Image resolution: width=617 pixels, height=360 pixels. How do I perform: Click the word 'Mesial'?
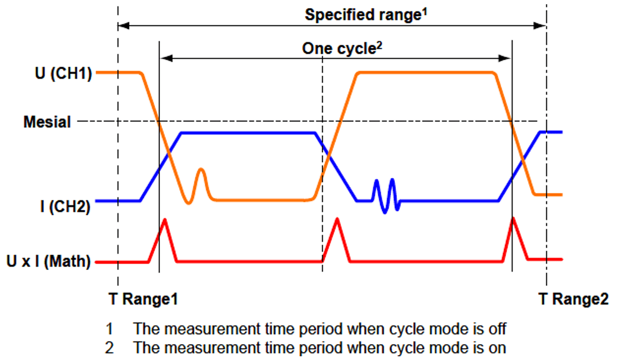click(x=47, y=122)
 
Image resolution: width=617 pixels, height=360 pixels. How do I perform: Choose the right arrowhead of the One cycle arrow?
click(x=507, y=59)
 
